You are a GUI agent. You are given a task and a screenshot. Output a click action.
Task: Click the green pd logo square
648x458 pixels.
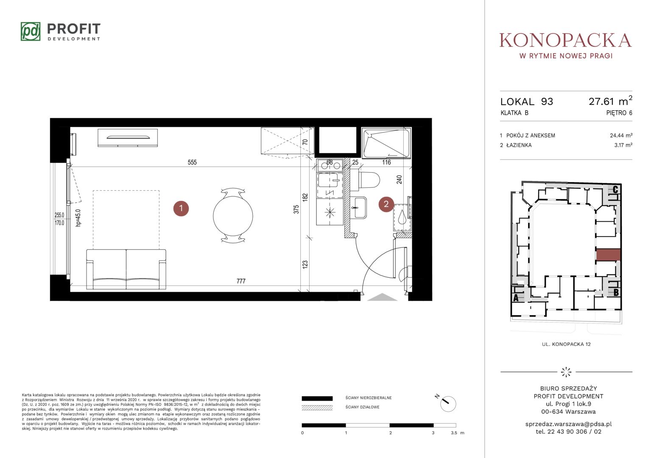(x=31, y=31)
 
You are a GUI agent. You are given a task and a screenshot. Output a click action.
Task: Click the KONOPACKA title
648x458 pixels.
(x=566, y=40)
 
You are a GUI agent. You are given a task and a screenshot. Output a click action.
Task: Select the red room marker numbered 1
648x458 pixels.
(x=181, y=208)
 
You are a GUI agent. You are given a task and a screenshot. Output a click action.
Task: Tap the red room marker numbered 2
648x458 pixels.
(x=386, y=204)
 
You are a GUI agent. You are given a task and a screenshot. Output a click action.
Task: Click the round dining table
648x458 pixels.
(x=233, y=216)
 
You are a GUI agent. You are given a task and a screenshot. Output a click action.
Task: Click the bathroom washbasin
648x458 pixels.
(x=359, y=207)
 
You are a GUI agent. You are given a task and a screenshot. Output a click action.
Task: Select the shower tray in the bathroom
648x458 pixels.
(x=386, y=143)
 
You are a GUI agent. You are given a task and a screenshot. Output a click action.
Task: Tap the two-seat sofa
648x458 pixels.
(x=126, y=269)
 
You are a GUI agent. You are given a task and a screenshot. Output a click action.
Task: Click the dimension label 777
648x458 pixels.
(x=241, y=281)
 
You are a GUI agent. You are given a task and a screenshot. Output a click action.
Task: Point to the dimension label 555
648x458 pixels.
(x=192, y=162)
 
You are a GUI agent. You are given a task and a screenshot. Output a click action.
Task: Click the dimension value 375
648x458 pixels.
(x=296, y=209)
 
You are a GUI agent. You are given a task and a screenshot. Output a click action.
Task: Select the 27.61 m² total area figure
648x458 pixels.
(x=610, y=101)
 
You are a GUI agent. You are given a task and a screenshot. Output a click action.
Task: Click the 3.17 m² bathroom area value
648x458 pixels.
(x=623, y=145)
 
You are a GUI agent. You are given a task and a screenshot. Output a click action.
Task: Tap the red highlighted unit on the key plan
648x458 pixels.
(x=608, y=255)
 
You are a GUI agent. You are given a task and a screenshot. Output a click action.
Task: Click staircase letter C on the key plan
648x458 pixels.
(x=615, y=190)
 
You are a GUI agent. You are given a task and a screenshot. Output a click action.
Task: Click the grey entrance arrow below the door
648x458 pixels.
(x=382, y=297)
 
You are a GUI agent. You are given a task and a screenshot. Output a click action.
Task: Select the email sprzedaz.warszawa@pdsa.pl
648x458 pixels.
(x=568, y=424)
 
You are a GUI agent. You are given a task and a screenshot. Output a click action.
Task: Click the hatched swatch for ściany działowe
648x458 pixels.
(x=317, y=408)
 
